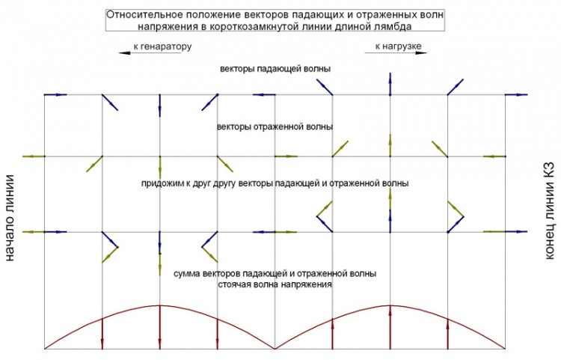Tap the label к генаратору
tap(163, 46)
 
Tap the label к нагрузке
tap(398, 46)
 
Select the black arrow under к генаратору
tap(150, 53)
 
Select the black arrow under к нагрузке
tap(396, 53)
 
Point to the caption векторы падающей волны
tap(275, 69)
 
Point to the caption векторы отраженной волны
tap(275, 126)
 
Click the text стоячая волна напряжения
tap(275, 285)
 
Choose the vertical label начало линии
tap(10, 218)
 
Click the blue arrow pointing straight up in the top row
tap(390, 84)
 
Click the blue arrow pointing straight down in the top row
tap(159, 106)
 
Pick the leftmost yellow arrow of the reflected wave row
tap(34, 156)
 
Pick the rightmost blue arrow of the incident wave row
tap(516, 95)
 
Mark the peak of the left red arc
tap(159, 305)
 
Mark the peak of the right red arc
tap(390, 305)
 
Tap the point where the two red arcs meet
tap(275, 349)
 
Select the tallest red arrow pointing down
tap(159, 327)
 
